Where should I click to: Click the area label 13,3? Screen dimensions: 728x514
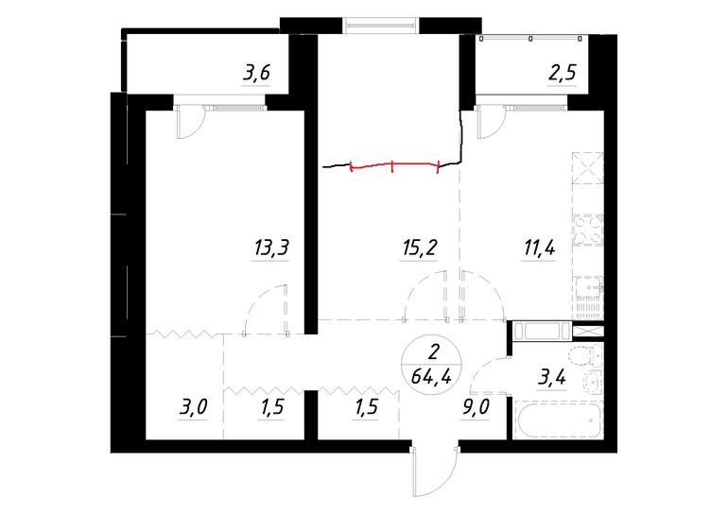point(271,248)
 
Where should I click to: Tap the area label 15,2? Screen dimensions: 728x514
point(418,248)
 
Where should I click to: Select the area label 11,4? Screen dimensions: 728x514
point(539,248)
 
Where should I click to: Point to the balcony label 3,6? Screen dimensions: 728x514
point(256,74)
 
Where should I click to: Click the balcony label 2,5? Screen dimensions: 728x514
point(563,74)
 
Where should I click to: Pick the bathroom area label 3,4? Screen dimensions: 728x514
point(551,378)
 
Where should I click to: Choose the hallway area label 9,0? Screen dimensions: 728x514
point(475,407)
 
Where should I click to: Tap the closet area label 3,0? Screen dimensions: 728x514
point(193,407)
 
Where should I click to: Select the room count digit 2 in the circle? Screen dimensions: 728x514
point(433,352)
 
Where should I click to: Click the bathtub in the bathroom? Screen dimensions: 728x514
point(558,420)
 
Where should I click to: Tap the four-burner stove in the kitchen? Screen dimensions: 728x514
point(588,230)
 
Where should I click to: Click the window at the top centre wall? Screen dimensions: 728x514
point(381,26)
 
